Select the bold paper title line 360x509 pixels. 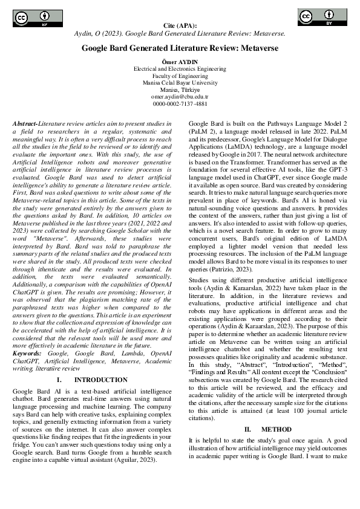[x=180, y=48]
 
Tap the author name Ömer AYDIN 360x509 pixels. [x=180, y=62]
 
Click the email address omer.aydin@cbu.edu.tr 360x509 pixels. [x=180, y=96]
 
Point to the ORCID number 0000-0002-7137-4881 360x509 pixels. [x=180, y=103]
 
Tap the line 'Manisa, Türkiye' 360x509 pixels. [x=180, y=89]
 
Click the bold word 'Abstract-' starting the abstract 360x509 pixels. [x=25, y=123]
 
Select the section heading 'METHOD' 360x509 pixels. [x=277, y=429]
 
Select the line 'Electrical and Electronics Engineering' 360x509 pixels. [x=180, y=69]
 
